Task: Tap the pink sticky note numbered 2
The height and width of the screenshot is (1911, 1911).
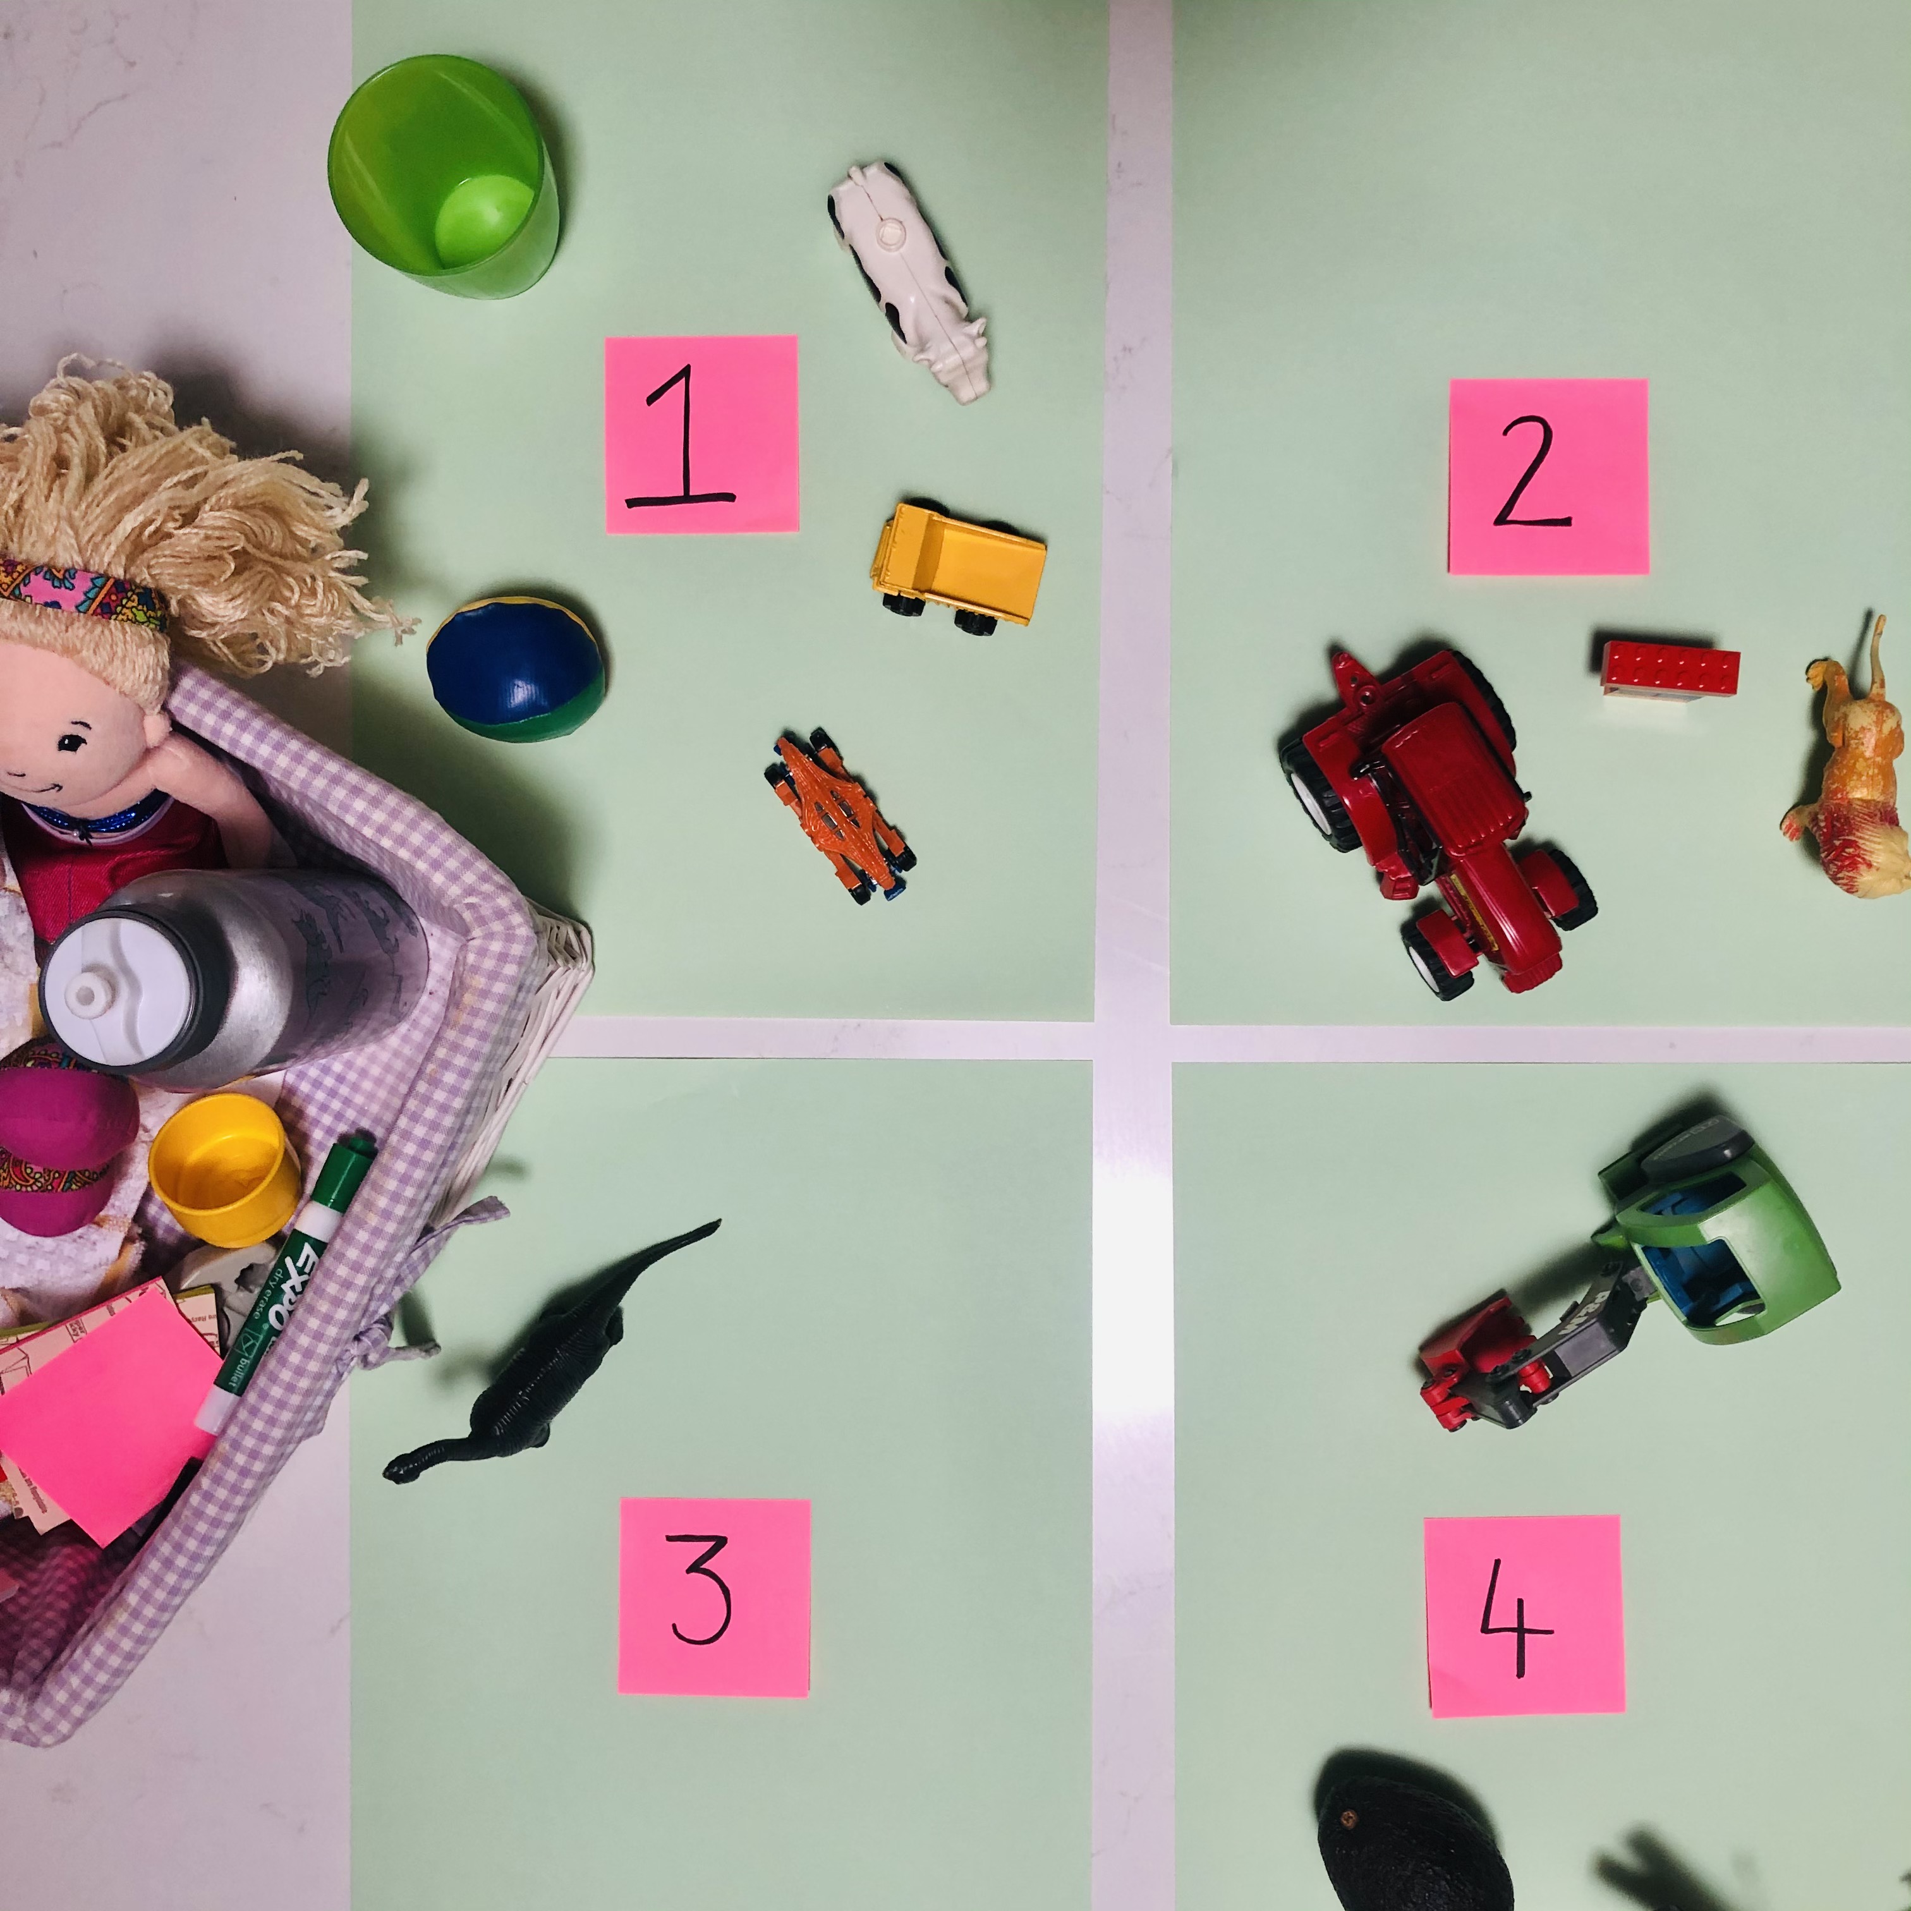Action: coord(1548,476)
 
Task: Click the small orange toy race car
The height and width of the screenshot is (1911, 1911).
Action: coord(839,816)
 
